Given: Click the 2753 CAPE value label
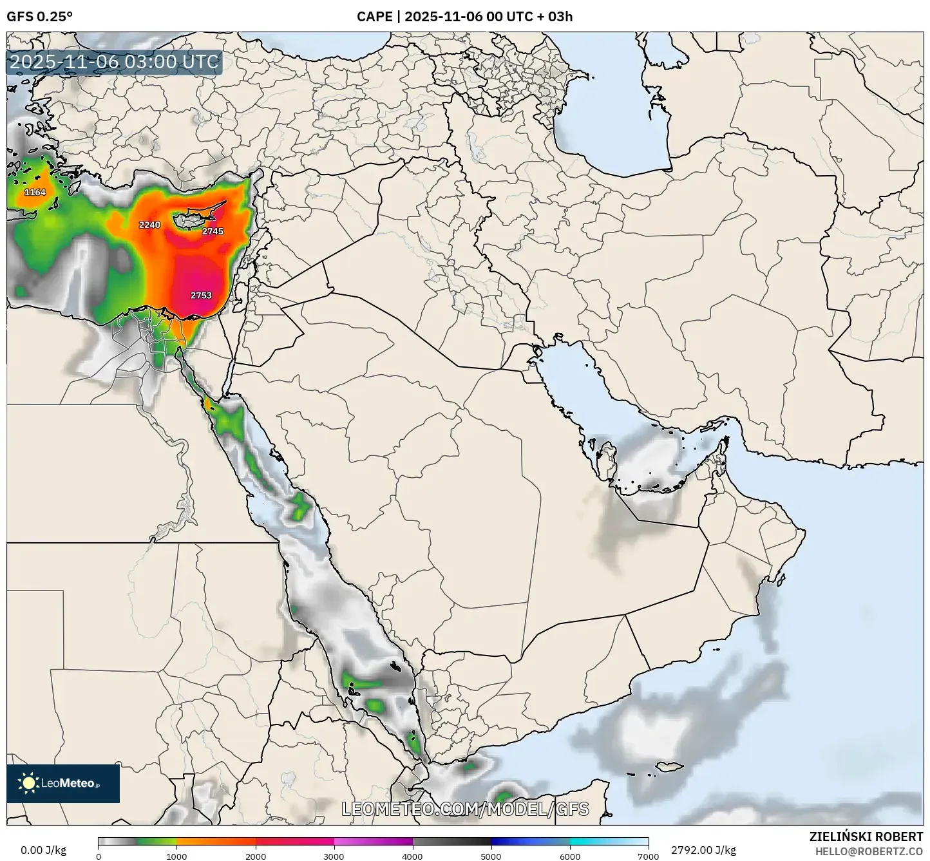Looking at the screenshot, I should pos(201,296).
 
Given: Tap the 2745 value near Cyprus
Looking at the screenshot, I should pos(213,231).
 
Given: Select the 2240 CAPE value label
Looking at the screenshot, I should pos(149,225).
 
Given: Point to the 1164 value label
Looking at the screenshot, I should pos(35,193).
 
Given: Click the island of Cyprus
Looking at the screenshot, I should pos(193,218).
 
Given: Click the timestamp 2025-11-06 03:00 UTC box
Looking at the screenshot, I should pos(115,62).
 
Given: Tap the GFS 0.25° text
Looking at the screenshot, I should pos(39,17).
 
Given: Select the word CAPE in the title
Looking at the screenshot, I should pos(374,17).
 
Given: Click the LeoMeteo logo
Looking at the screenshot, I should pos(63,783).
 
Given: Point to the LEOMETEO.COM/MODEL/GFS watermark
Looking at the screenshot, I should pos(465,809).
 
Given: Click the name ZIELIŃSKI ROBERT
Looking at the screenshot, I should pos(866,837).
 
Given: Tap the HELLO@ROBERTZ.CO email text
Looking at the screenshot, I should pos(869,851).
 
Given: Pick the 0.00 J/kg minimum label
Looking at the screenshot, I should pos(44,850).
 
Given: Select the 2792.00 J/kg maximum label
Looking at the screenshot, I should pos(703,850).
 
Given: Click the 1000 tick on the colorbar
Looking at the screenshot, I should pos(176,856).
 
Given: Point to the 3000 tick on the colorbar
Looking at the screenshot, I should pos(334,856).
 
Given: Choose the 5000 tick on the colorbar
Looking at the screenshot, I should pos(491,856).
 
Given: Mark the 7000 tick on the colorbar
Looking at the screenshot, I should pos(648,856).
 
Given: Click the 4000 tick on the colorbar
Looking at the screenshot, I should pos(412,856).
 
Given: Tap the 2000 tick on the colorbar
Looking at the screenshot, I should pos(256,856).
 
